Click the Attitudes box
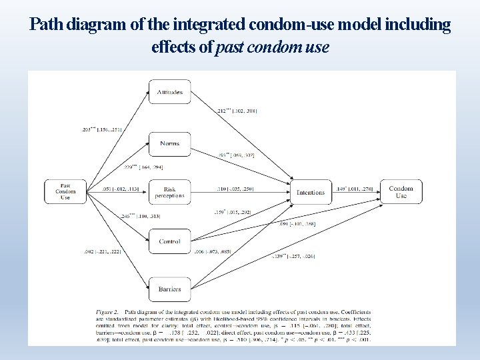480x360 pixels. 170,92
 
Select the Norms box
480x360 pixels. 170,143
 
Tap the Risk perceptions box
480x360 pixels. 170,193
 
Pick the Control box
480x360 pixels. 170,241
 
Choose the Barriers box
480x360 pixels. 170,289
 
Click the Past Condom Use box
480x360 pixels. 65,192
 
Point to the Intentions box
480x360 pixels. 311,192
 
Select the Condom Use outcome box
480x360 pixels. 401,192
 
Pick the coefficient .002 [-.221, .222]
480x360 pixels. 101,251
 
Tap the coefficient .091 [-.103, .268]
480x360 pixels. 297,223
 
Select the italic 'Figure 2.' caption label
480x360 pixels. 111,311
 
